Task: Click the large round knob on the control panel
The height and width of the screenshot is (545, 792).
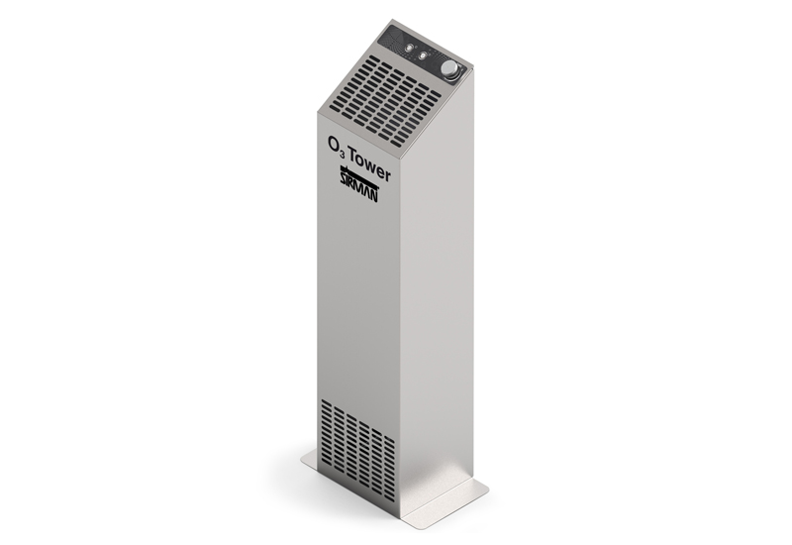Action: coord(448,68)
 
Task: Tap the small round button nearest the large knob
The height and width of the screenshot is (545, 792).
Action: coord(422,54)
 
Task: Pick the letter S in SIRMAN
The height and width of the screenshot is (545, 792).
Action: coord(342,178)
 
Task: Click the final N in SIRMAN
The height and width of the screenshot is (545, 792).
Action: coord(374,195)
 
